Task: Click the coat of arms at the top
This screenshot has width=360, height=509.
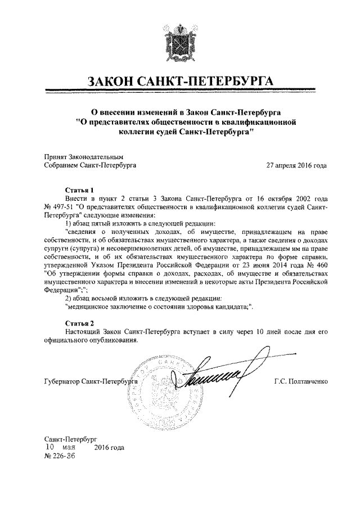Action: [x=181, y=38]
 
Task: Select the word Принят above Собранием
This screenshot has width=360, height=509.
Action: [x=55, y=157]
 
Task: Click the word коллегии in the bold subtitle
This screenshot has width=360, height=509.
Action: [x=139, y=131]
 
